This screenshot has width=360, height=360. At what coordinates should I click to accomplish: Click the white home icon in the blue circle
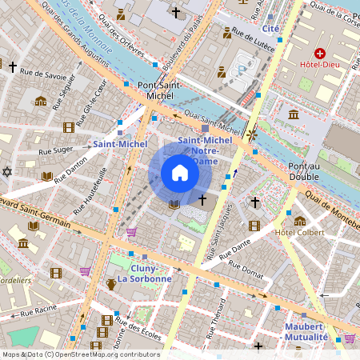click(180, 173)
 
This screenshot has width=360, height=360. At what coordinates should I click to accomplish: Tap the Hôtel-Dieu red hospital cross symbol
click(319, 53)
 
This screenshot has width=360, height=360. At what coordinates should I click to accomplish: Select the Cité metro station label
click(270, 28)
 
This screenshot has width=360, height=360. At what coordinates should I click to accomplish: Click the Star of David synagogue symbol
click(8, 171)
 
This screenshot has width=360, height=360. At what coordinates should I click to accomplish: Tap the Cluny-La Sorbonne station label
click(144, 273)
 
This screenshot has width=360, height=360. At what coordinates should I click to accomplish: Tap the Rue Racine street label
click(38, 312)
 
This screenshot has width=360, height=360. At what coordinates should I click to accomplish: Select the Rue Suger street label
click(70, 149)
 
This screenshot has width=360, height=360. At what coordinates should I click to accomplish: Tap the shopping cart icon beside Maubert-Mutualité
click(349, 338)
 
